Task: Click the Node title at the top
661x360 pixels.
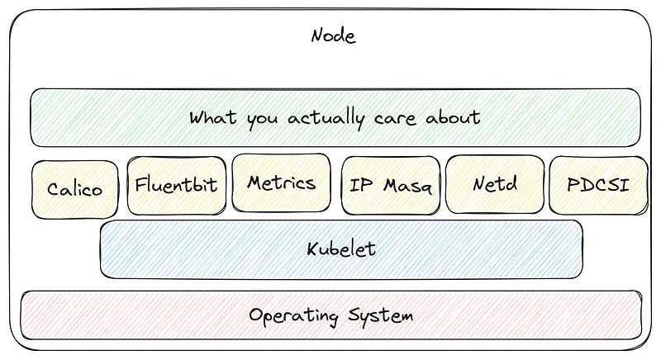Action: click(333, 36)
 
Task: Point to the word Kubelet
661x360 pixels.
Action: click(341, 249)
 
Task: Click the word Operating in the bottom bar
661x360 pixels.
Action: click(293, 316)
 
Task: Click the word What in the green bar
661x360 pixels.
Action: click(212, 117)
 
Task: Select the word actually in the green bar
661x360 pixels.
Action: click(326, 118)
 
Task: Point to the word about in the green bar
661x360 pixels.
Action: click(452, 117)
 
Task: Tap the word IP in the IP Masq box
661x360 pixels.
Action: click(361, 185)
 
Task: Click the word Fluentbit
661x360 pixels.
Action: click(176, 184)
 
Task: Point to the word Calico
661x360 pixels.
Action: click(75, 189)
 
